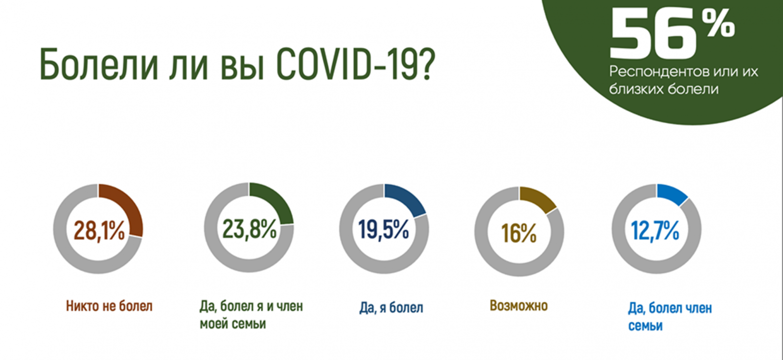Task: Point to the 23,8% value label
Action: coord(250,229)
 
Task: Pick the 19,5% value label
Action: coord(384,229)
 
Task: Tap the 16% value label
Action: coord(519,233)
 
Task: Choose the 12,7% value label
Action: coord(655,230)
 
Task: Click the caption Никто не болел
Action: coord(110,306)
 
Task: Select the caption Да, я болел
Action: coord(391,308)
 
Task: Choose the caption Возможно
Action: coord(519,306)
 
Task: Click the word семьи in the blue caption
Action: coord(645,326)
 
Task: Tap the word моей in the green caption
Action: coord(214,324)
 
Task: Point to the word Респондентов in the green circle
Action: coord(654,71)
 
